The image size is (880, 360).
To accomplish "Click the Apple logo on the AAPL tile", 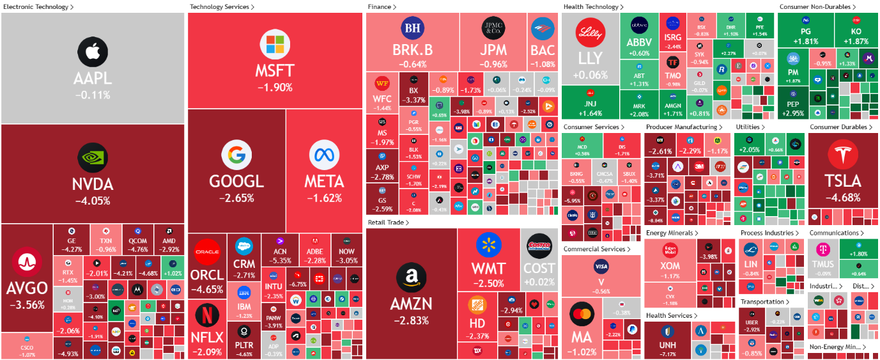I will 93,51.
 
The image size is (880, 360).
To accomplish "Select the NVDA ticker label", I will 93,185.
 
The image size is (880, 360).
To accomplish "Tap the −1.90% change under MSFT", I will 275,87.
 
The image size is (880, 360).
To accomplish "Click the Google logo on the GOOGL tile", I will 236,155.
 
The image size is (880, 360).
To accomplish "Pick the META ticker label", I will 324,182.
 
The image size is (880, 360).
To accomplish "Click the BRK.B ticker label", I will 412,51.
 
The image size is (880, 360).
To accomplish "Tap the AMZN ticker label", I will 411,304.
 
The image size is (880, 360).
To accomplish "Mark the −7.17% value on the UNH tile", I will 667,354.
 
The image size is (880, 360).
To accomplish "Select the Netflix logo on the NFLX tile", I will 205,315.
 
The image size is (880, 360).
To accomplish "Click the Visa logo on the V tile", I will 601,266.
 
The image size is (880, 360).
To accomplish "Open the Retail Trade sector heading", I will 389,222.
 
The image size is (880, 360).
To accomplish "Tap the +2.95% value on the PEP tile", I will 792,114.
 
